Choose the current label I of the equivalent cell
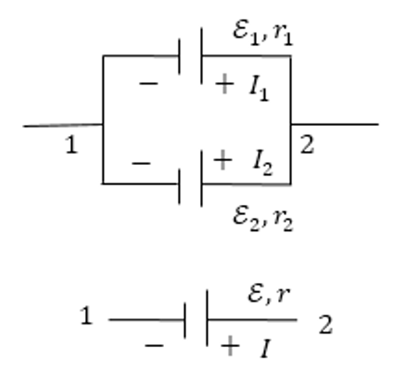[266, 349]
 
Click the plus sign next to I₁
[224, 84]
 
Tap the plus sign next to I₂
[223, 160]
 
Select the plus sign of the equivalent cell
[230, 346]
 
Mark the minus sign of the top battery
[148, 84]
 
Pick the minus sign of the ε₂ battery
[141, 163]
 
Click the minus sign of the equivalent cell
[154, 346]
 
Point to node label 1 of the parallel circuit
[71, 145]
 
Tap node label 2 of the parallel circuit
[307, 144]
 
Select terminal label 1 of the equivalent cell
[86, 315]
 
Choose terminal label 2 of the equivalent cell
[326, 324]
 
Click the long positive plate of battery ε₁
[202, 56]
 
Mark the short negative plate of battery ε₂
[179, 186]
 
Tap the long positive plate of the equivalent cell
[207, 318]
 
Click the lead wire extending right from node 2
[334, 124]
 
